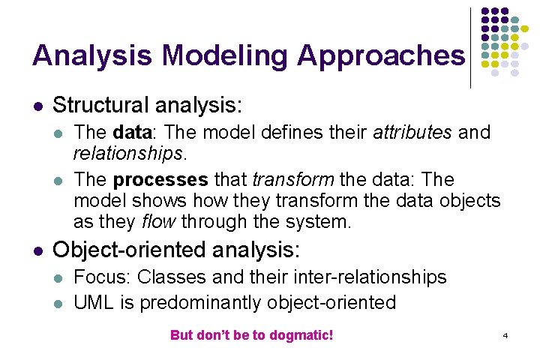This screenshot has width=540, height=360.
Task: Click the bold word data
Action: [x=131, y=133]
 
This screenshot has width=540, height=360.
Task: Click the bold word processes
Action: [x=160, y=181]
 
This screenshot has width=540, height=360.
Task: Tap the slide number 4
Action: [x=505, y=335]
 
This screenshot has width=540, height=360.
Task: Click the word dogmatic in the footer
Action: [x=301, y=335]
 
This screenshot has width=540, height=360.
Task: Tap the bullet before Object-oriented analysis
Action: [x=38, y=249]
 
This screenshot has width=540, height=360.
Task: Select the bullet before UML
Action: [x=59, y=303]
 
